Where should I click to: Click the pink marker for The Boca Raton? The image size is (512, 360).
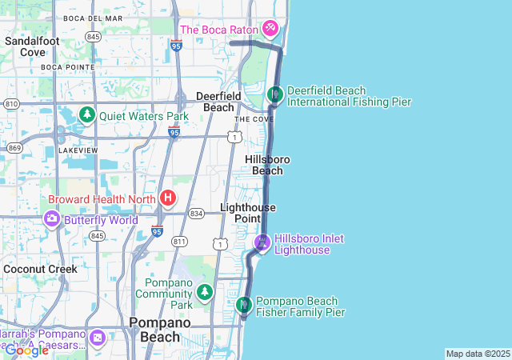click(x=270, y=30)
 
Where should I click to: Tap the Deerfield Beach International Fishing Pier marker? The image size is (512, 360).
click(x=275, y=95)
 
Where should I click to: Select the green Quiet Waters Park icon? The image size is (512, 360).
click(x=87, y=116)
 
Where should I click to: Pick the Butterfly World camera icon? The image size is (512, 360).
click(x=52, y=219)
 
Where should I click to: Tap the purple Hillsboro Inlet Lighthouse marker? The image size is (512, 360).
click(x=262, y=242)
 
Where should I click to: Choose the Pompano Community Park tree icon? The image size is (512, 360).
click(x=206, y=292)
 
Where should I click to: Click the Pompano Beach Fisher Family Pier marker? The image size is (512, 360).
click(x=244, y=305)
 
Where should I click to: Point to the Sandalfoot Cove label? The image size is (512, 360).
click(x=33, y=46)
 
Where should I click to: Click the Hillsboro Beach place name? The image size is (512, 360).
click(x=267, y=165)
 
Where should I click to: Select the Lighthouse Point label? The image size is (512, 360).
click(x=248, y=213)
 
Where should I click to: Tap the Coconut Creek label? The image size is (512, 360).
click(x=40, y=269)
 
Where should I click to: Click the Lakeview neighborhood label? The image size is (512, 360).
click(x=78, y=150)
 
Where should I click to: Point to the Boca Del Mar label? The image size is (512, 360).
click(x=94, y=18)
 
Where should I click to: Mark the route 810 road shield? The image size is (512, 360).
click(x=11, y=104)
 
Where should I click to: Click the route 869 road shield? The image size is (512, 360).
click(x=14, y=147)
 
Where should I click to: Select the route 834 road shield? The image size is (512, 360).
click(x=196, y=214)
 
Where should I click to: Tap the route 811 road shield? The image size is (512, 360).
click(x=179, y=241)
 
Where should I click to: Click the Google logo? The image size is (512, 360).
click(x=26, y=350)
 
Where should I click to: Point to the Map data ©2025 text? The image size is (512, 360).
click(x=478, y=354)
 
